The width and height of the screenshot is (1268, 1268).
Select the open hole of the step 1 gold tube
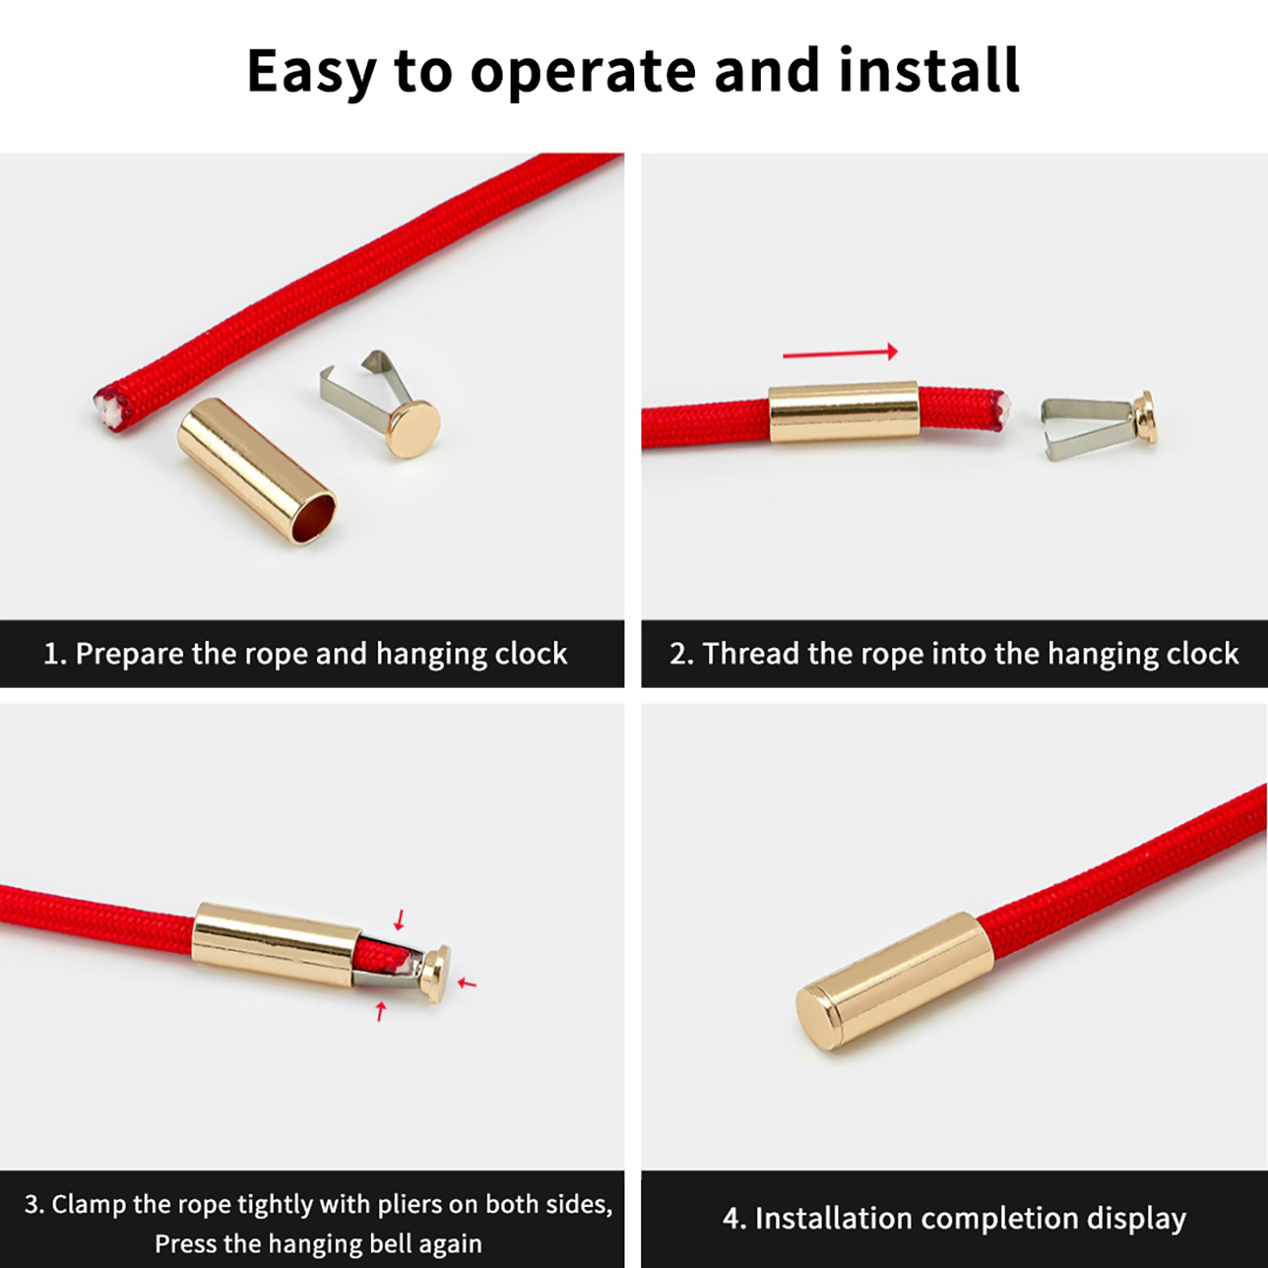pos(314,517)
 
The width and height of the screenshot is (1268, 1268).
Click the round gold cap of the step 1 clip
pos(414,429)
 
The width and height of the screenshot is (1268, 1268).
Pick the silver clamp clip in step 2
pos(1087,428)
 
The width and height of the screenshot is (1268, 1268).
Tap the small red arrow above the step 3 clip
pos(400,919)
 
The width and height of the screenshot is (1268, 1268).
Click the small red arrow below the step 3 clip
pos(381,1011)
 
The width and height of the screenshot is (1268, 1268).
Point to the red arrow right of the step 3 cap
pos(468,983)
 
